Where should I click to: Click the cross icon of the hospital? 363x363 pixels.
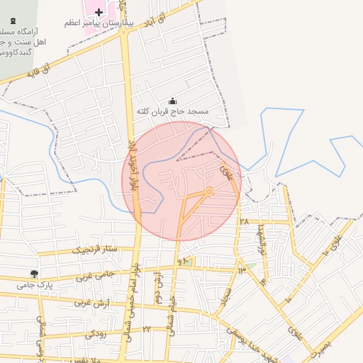[99, 13]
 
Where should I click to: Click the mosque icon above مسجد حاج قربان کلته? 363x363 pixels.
[173, 101]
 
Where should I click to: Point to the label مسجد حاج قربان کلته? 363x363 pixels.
[173, 112]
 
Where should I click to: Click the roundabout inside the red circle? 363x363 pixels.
[209, 191]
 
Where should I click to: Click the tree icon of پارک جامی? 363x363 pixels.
[33, 274]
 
